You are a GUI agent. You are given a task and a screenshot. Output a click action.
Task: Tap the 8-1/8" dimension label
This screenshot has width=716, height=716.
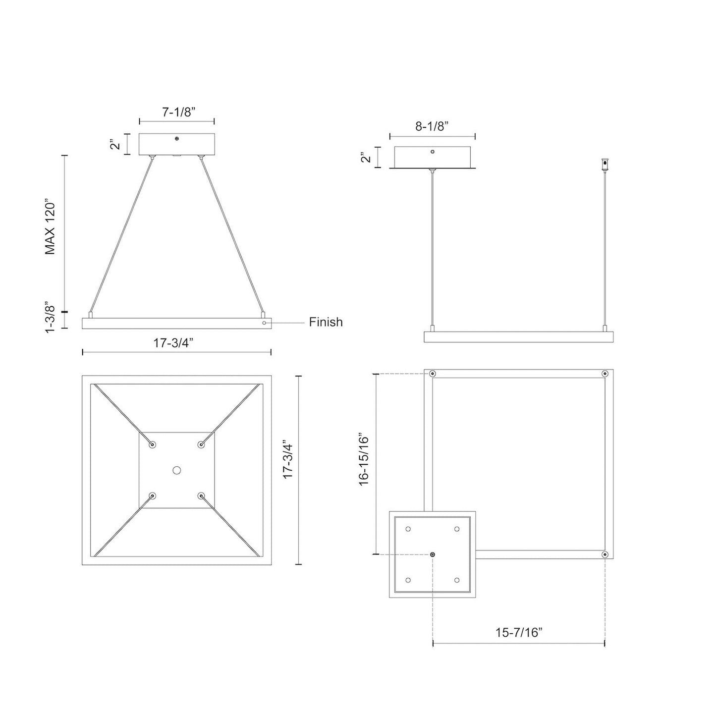point(432,126)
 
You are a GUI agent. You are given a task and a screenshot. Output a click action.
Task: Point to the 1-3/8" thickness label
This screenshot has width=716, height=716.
point(50,316)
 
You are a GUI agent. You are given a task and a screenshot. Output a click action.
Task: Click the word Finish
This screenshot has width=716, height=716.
point(326,322)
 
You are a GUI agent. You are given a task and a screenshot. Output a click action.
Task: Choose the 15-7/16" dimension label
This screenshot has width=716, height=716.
point(519,632)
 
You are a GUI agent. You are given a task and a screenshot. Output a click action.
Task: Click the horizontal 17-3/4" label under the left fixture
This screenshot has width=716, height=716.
point(176,342)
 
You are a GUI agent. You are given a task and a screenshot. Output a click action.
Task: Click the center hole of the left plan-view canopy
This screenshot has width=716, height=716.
point(176,470)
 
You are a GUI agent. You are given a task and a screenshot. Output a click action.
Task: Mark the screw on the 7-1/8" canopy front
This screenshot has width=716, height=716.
point(177,139)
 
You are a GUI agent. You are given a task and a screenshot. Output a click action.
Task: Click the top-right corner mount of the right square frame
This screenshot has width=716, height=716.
point(605,374)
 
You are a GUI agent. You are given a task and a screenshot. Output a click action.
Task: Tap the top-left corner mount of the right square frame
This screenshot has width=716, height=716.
point(433,374)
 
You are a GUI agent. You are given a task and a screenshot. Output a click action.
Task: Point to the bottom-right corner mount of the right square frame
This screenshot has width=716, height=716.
point(605,554)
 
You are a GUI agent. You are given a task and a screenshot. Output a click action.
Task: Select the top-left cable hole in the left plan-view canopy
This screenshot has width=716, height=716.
point(152,444)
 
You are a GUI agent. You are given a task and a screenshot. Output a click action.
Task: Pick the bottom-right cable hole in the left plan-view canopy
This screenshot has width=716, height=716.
point(201,495)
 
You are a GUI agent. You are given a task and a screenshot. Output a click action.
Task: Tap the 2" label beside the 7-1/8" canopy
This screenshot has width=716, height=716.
point(115,144)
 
